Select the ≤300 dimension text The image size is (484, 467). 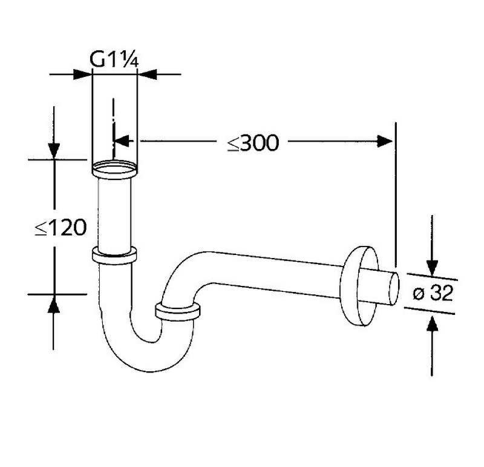[x=253, y=143]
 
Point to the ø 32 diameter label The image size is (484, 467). [x=433, y=293]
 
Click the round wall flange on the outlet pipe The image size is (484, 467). [x=359, y=286]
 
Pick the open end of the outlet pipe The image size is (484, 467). [x=394, y=288]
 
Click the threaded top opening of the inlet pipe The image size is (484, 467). [x=114, y=169]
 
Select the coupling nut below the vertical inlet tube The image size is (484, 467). [x=114, y=256]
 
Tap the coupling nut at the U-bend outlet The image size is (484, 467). [x=178, y=313]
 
